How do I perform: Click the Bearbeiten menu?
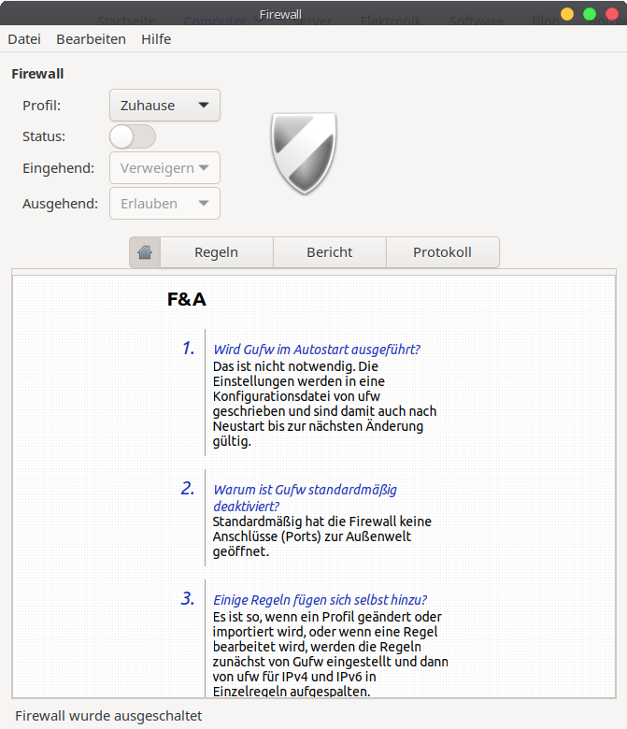91,39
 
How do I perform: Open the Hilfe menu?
156,39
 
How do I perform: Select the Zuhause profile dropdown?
164,106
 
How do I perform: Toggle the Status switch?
133,136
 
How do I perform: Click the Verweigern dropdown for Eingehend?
164,168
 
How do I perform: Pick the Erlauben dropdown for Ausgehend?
164,204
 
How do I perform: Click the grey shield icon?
304,152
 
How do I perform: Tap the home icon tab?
145,252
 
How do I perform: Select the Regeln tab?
216,252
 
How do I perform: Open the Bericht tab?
329,252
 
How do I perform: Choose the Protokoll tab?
442,252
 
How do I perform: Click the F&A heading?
186,300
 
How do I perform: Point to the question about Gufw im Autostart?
317,350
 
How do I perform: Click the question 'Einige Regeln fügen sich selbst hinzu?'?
321,600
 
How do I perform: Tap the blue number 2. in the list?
188,488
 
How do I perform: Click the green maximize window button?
590,14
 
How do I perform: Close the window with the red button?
612,14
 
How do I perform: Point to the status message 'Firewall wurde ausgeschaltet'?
108,716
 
